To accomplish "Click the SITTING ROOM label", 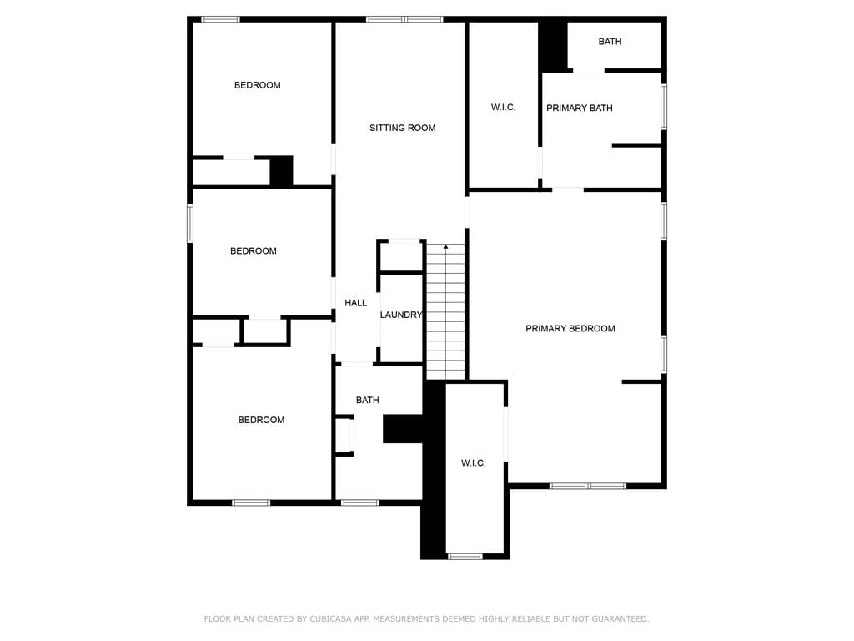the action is [403, 128].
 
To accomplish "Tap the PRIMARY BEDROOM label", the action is [570, 329].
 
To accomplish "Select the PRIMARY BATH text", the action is [580, 109].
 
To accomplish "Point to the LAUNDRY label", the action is [401, 315].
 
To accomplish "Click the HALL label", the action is [355, 303].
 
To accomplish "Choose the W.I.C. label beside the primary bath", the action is [503, 108].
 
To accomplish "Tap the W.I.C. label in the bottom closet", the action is [474, 463].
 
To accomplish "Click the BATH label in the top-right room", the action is [610, 42].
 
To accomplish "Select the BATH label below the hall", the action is [368, 400].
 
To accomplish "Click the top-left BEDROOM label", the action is [258, 86].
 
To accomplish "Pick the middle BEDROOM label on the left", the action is [254, 251].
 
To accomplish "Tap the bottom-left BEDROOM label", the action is [261, 421].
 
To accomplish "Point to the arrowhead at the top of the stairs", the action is [446, 247].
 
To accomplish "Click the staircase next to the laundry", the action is [446, 310].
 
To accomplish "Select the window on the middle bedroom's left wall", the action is [190, 224].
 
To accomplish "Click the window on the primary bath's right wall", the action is [664, 107].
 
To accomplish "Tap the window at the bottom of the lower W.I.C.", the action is [465, 557].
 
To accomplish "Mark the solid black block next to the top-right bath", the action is [554, 46].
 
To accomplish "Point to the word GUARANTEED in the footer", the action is [620, 619].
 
